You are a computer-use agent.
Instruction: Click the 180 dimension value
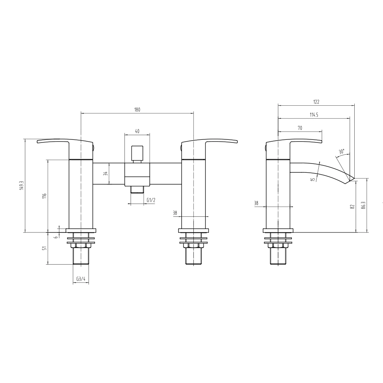click(x=137, y=110)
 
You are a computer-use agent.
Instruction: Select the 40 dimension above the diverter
click(x=137, y=131)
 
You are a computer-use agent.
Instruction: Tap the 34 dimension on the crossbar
click(x=106, y=173)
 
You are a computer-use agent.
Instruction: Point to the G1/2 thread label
click(x=151, y=200)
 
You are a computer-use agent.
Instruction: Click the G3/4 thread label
click(x=80, y=279)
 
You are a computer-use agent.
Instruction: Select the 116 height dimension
click(x=44, y=195)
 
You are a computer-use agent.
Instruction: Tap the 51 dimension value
click(x=44, y=248)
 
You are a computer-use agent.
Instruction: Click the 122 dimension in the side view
click(x=316, y=102)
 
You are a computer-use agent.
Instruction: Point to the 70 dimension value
click(x=300, y=128)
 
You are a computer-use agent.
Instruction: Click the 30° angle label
click(x=341, y=152)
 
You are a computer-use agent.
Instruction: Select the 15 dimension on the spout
click(x=313, y=179)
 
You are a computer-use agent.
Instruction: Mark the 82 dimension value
click(x=352, y=207)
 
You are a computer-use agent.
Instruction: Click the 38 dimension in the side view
click(x=256, y=203)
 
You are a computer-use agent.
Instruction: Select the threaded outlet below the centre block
click(x=137, y=189)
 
